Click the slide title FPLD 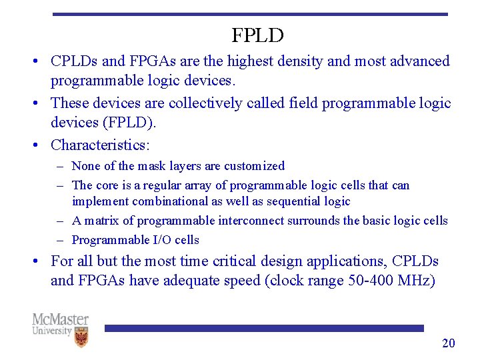(x=257, y=35)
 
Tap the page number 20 (x=449, y=343)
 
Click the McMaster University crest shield (x=81, y=337)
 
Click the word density (x=301, y=61)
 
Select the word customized (x=254, y=166)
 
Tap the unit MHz (x=417, y=281)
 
